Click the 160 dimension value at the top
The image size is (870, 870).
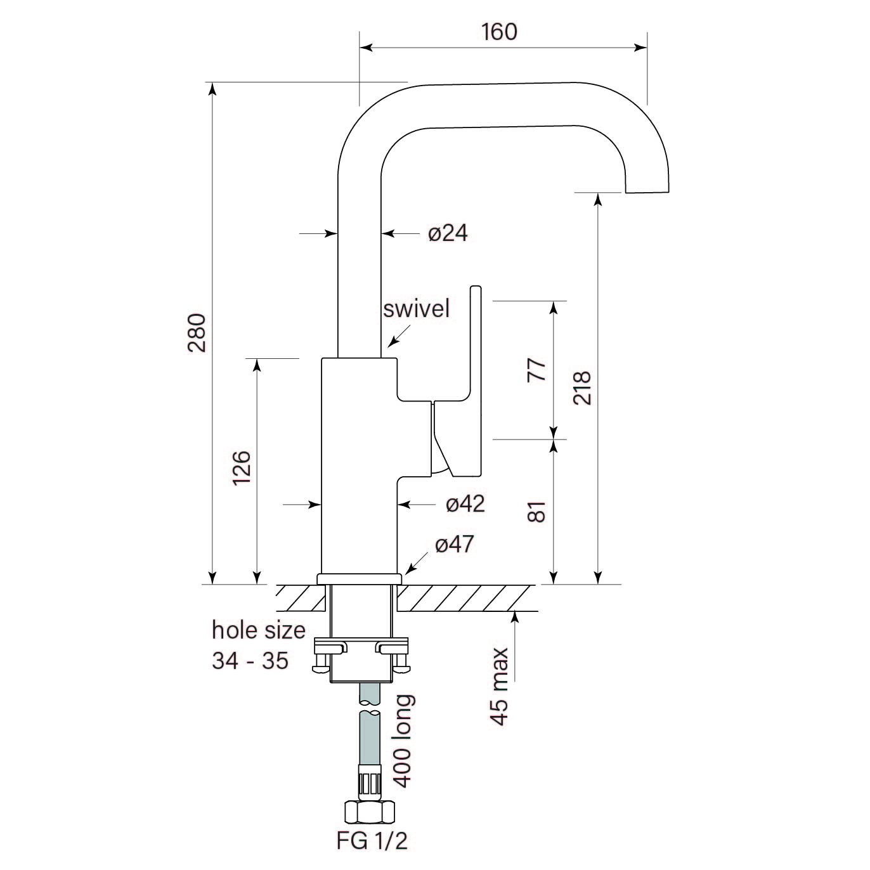tap(500, 31)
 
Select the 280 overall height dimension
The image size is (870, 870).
tap(197, 334)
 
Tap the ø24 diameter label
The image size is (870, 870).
tap(448, 233)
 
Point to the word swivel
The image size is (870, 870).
tap(416, 309)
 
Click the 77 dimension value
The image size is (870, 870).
tap(536, 370)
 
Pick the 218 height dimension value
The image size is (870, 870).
tap(581, 388)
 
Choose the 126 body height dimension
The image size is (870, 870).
tap(242, 468)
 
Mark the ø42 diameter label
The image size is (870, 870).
tap(465, 504)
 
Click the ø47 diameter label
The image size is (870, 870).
tap(454, 544)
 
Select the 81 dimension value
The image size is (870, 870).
tap(536, 512)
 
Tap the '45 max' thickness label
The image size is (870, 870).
tap(500, 686)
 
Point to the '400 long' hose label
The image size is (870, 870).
tap(403, 741)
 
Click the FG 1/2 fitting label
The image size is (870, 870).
tap(372, 841)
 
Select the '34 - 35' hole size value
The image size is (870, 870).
tap(250, 661)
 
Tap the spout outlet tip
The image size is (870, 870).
tap(647, 189)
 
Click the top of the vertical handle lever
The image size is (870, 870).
tap(475, 291)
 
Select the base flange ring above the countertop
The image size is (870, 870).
tap(360, 578)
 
